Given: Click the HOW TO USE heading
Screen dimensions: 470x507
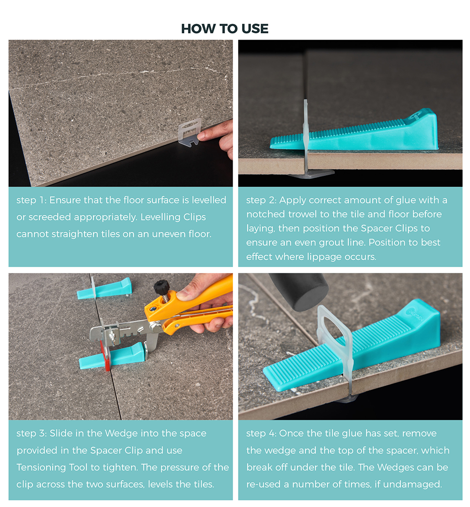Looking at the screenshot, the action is tap(225, 29).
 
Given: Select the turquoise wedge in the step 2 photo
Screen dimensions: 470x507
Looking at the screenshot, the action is tap(354, 132).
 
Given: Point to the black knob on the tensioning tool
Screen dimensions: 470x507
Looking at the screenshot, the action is tap(162, 286).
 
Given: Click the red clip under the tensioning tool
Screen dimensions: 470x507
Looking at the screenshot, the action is tap(105, 356).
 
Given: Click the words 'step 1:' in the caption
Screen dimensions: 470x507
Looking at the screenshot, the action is tap(31, 200).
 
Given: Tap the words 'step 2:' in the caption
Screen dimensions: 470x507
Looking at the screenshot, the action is tap(261, 200).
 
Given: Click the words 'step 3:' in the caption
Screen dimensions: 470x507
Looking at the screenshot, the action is tap(31, 434).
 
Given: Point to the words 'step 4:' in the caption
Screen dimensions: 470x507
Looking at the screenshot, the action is tap(261, 434).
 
